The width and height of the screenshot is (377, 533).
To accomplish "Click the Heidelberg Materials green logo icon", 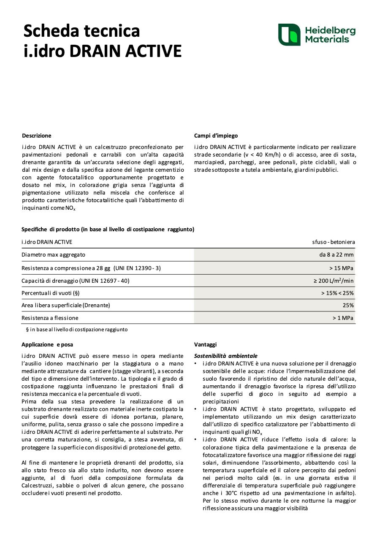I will tap(289, 35).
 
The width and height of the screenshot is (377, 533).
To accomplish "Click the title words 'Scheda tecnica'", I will tap(81, 31).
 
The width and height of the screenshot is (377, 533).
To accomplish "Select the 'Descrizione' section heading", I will tap(37, 135).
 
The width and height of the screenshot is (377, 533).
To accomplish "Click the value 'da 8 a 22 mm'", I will tap(336, 254).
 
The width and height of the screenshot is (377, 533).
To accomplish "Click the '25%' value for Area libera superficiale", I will tap(348, 305).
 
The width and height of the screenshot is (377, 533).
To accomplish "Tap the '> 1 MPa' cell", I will tap(343, 318).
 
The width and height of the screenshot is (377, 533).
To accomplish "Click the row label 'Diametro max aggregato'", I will tap(54, 254).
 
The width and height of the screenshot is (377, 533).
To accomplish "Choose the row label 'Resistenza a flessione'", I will tap(50, 318).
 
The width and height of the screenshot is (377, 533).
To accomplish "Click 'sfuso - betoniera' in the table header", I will tap(334, 242).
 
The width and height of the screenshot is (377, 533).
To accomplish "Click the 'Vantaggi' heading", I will tap(205, 344).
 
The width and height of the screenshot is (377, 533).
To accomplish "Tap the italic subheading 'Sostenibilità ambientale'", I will tap(225, 356).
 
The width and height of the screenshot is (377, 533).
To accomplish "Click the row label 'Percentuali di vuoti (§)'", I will tap(51, 293).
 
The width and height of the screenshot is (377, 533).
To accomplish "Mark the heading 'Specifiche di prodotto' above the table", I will tap(108, 229).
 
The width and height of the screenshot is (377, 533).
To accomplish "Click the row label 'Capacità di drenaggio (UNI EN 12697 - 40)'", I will tap(76, 281).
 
